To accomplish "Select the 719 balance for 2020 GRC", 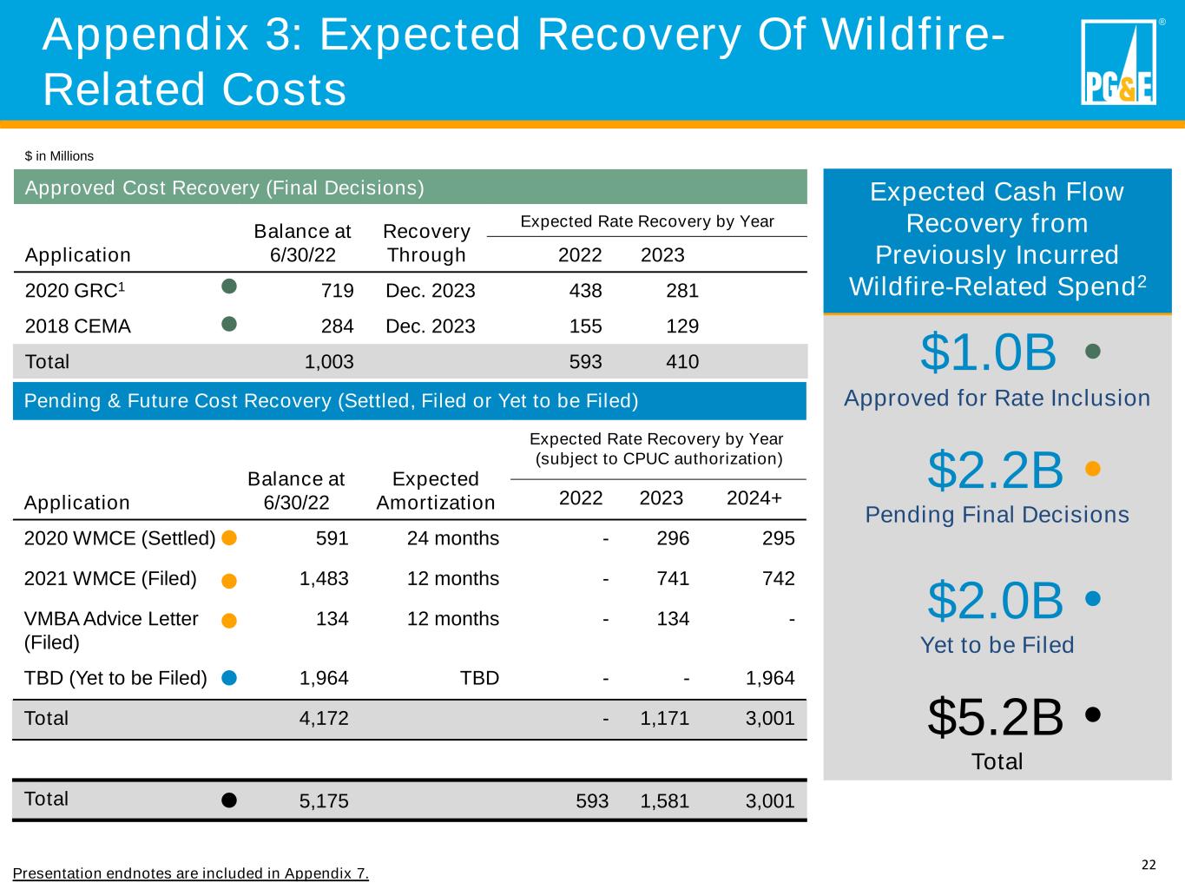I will (x=339, y=290).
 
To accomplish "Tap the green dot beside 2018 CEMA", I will (x=229, y=325).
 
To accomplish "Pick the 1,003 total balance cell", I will (x=329, y=361).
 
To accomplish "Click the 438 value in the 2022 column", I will (x=585, y=290).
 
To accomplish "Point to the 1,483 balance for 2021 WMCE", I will (x=324, y=578).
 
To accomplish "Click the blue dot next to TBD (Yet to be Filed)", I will (x=229, y=678).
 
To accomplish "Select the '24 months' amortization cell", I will (x=453, y=538).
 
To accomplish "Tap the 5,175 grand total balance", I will (x=324, y=800).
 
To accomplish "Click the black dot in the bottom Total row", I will (x=229, y=800).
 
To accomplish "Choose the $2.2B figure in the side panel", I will (x=995, y=471).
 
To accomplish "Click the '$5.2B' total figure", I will (x=995, y=717).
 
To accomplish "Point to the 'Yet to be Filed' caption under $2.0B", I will (x=997, y=645).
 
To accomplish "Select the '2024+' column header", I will (x=754, y=498).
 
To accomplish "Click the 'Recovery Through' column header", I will (x=426, y=243).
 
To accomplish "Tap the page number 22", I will (x=1149, y=865).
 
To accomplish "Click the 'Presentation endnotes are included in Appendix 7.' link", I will (x=191, y=873).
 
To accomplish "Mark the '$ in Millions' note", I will (x=59, y=156).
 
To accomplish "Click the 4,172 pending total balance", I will (x=324, y=718).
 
